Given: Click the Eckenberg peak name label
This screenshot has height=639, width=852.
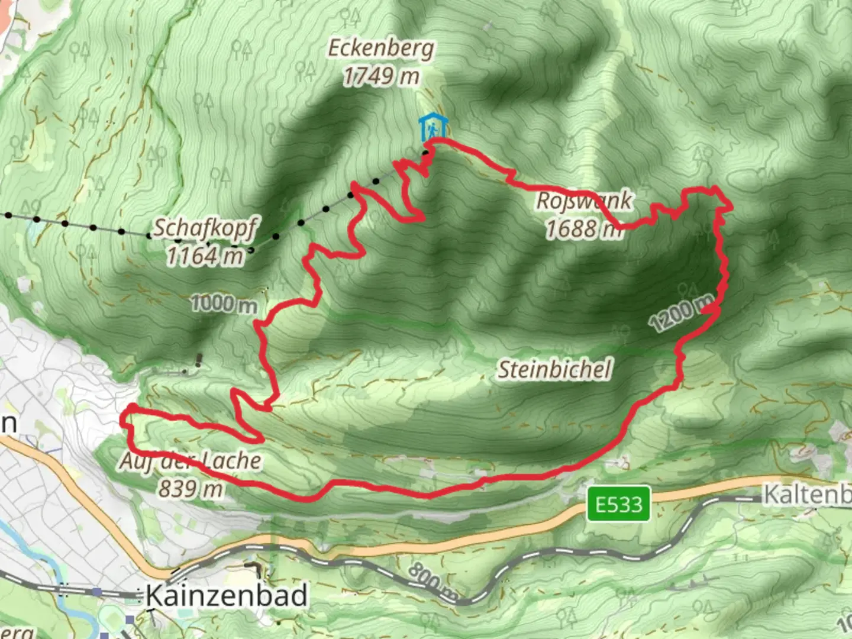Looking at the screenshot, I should [380, 49].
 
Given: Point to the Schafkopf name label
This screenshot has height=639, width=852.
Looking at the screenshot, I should [206, 228].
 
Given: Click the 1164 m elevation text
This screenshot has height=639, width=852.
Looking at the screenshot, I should [205, 256].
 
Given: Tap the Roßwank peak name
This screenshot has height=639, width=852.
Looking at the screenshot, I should [584, 201].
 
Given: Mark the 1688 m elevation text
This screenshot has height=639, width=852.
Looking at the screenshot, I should [583, 228].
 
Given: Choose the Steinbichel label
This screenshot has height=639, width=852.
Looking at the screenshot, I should [554, 370].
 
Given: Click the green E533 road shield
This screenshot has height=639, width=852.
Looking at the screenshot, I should [618, 504].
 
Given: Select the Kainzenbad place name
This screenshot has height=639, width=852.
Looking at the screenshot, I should [227, 595].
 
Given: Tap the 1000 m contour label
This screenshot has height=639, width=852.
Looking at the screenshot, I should [224, 304].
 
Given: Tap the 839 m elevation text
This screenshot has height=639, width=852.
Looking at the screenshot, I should [190, 489].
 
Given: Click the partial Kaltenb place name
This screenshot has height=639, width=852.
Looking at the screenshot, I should [807, 495].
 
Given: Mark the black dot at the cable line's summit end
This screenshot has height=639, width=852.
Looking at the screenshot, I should [426, 153].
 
